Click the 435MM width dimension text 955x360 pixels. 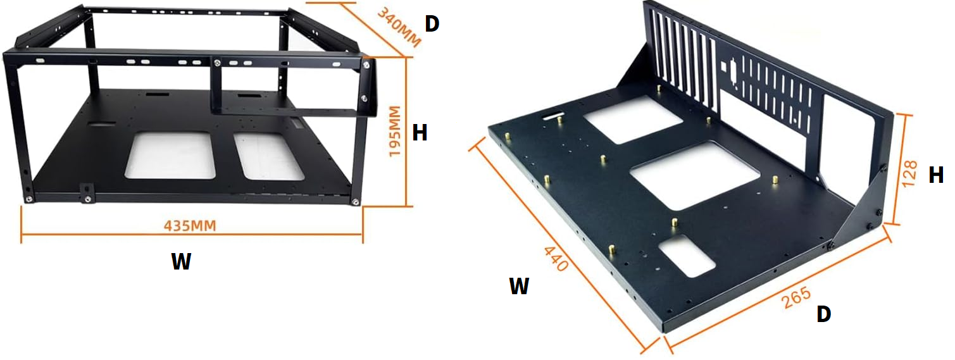[x=190, y=225]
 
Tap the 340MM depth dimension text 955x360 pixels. [x=399, y=27]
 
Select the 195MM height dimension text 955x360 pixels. [x=395, y=131]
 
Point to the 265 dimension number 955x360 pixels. [x=796, y=298]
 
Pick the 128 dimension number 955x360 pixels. [x=909, y=173]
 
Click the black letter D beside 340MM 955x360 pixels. [x=432, y=24]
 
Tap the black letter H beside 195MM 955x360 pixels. [x=420, y=133]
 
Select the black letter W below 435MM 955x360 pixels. [x=181, y=261]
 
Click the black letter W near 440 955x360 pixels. [x=520, y=286]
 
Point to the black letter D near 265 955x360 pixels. [x=824, y=314]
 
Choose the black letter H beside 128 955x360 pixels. [x=936, y=175]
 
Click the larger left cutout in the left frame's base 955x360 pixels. [x=170, y=155]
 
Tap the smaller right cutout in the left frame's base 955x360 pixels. [x=268, y=156]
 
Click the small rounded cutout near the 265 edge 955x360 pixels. [x=686, y=256]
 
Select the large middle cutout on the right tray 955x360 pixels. [x=695, y=175]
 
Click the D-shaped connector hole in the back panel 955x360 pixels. [x=732, y=77]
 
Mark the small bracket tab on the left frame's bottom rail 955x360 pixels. [x=87, y=192]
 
